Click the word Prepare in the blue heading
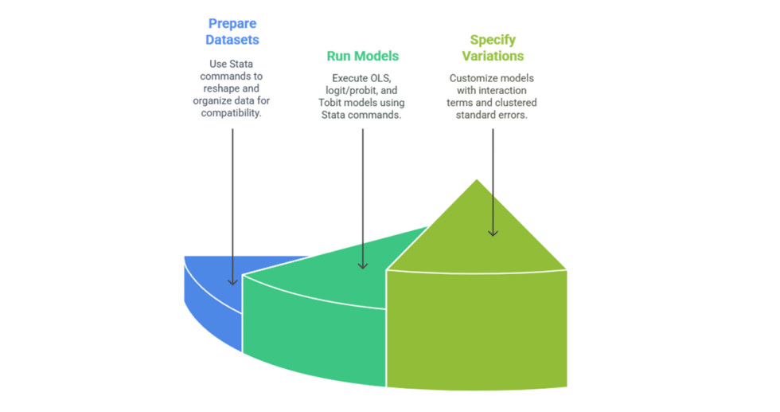pos(233,24)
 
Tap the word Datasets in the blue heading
pos(232,40)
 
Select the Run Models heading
pos(362,57)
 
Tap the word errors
pos(513,114)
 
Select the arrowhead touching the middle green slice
pos(362,265)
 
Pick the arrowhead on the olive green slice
pos(493,232)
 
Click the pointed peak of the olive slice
pos(476,181)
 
